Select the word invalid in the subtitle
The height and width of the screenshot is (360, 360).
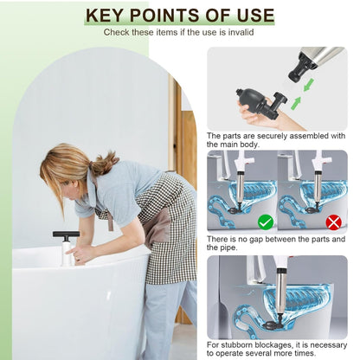237,32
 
